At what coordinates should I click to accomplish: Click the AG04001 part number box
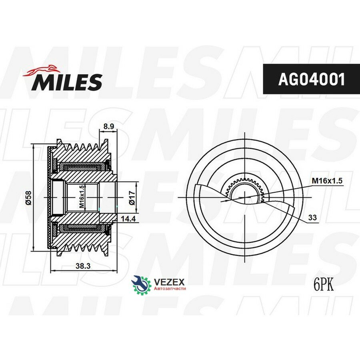pyautogui.click(x=311, y=79)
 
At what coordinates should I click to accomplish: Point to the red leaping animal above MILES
pyautogui.click(x=42, y=70)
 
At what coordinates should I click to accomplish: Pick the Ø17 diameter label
pyautogui.click(x=132, y=197)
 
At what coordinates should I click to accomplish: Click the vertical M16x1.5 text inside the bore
pyautogui.click(x=81, y=197)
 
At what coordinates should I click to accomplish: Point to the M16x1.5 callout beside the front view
pyautogui.click(x=327, y=181)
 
